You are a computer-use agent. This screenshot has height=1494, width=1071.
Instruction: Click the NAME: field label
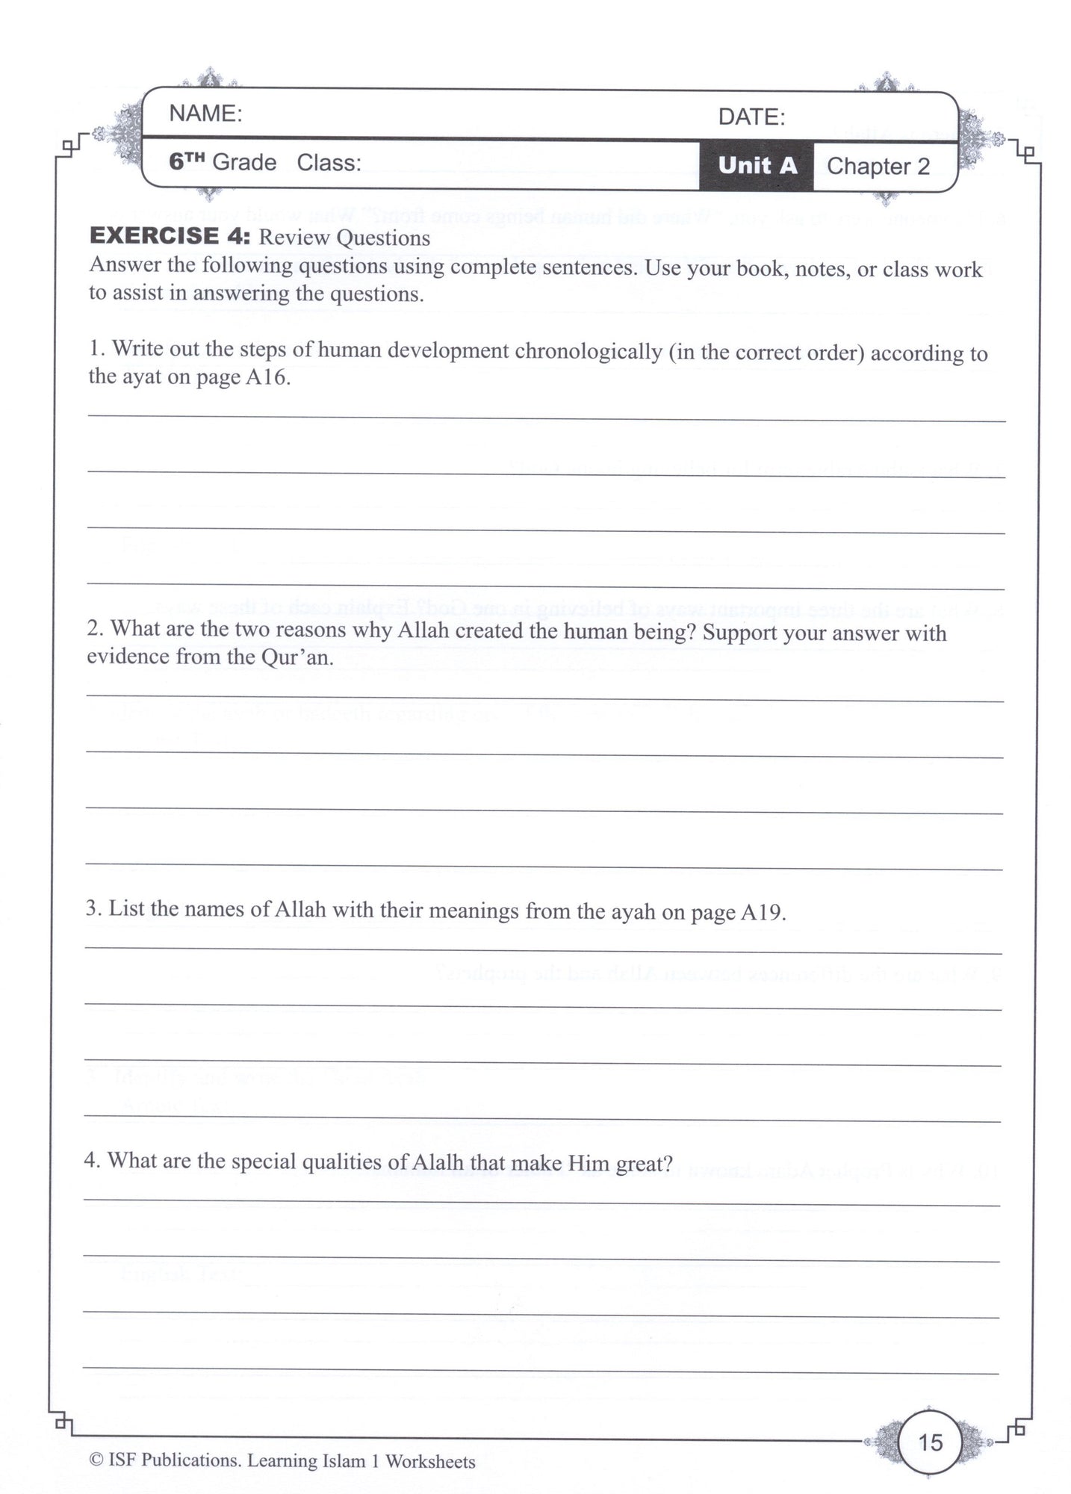pyautogui.click(x=205, y=114)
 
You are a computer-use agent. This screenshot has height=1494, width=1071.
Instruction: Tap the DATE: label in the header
pyautogui.click(x=751, y=117)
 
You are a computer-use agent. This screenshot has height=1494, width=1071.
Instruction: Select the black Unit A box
pyautogui.click(x=757, y=165)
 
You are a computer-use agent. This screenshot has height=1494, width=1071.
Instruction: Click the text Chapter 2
pyautogui.click(x=878, y=166)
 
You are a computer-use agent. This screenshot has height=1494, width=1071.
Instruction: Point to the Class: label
pyautogui.click(x=329, y=163)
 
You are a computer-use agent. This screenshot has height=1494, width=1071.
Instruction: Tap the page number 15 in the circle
pyautogui.click(x=931, y=1442)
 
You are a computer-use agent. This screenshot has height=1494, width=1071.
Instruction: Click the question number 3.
pyautogui.click(x=92, y=909)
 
